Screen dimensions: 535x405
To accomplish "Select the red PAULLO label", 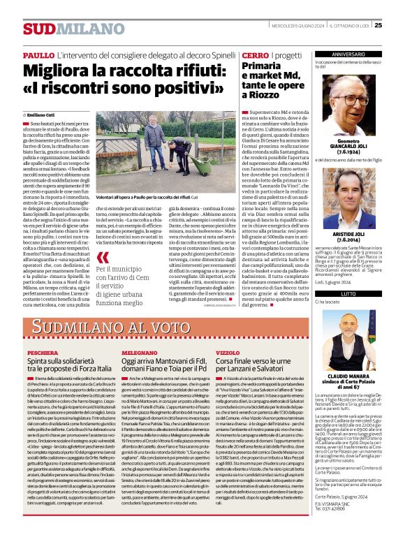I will pos(38,54).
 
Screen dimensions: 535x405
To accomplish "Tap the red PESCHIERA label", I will pos(42,353).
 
